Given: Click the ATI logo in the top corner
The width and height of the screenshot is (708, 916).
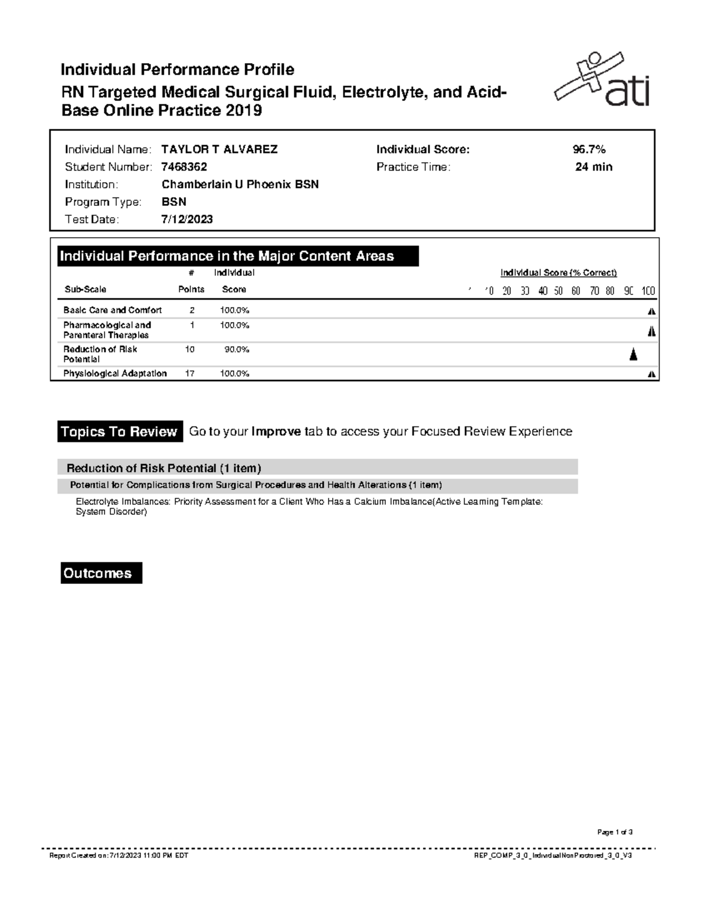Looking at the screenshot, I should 602,80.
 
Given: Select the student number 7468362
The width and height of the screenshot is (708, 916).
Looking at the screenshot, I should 184,167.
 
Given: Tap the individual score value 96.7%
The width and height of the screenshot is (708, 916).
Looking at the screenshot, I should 585,149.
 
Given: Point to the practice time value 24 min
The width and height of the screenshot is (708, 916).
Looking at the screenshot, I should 594,167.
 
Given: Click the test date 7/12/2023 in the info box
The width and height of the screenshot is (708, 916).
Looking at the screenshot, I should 187,219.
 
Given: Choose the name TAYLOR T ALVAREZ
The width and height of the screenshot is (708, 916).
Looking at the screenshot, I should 219,149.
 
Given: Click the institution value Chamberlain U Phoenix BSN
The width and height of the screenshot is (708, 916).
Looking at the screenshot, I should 240,185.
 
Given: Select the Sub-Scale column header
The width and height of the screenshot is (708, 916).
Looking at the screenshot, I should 85,290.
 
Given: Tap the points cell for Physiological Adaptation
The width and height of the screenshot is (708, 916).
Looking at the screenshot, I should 190,373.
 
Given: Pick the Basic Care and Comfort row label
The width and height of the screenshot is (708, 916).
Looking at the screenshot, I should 113,310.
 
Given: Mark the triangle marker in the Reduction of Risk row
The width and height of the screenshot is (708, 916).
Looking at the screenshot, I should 633,354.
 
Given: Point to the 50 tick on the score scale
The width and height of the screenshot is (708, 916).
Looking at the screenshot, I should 558,291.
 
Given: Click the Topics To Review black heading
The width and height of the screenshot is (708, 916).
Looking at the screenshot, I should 119,432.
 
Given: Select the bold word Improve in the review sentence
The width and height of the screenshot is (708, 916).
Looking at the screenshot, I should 276,432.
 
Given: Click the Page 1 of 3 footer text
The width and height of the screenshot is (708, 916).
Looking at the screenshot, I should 615,832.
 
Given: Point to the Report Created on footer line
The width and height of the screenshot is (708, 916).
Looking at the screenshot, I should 119,855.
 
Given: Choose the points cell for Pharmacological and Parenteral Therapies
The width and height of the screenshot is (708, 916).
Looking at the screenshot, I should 192,325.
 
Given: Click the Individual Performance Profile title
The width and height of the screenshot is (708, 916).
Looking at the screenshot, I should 178,70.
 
